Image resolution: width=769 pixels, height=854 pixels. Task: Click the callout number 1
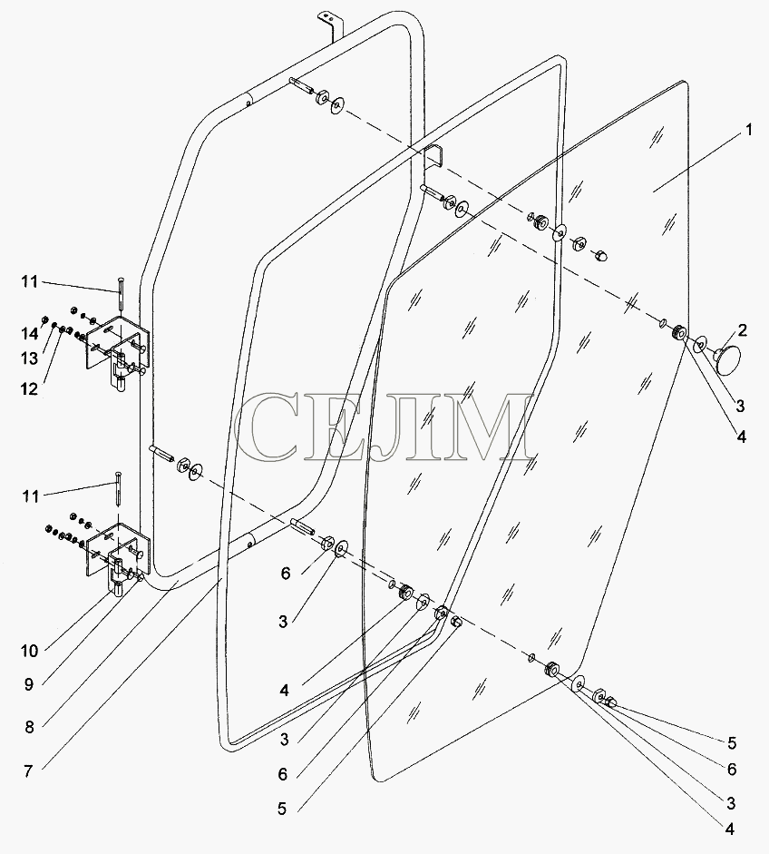[x=749, y=130]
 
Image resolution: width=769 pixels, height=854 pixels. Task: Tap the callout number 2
[x=743, y=330]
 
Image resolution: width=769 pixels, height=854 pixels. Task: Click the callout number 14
[x=29, y=333]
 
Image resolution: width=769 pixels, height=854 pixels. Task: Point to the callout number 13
[x=30, y=358]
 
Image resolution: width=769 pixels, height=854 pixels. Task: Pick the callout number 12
[x=30, y=389]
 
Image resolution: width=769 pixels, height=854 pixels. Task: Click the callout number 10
[x=30, y=651]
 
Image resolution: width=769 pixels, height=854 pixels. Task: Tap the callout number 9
[x=29, y=684]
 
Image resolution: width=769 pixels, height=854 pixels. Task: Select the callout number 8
[x=29, y=727]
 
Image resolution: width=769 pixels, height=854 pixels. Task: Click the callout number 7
[x=28, y=771]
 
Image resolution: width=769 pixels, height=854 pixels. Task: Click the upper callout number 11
[x=30, y=281]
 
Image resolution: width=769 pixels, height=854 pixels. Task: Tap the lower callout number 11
[x=30, y=496]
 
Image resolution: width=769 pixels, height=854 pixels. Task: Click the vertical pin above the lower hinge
[x=119, y=489]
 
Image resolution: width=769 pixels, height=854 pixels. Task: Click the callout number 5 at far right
[x=732, y=743]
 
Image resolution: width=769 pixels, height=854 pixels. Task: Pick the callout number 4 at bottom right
[x=730, y=829]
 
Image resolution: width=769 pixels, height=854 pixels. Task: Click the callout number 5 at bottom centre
[x=282, y=810]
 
